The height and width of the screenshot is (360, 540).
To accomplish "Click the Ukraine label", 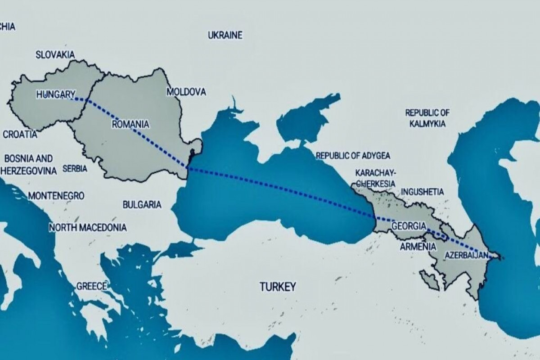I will [225, 35].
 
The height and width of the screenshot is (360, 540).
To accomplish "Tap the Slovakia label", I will [55, 54].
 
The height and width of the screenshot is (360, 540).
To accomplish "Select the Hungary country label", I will [56, 94].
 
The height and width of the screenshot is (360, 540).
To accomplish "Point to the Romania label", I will [130, 123].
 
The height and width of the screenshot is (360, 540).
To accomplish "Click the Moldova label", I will [186, 92].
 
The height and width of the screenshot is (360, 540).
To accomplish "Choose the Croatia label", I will [20, 134].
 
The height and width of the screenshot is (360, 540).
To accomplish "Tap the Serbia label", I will [75, 169].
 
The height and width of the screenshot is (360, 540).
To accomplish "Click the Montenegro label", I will [56, 196].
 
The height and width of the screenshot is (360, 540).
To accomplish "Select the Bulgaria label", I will [142, 204].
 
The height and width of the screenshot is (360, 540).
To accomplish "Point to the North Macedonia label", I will [88, 227].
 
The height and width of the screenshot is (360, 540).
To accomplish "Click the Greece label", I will [92, 286].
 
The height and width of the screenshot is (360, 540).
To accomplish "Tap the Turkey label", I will [278, 286].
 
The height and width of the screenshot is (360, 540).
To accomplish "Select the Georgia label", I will [408, 226].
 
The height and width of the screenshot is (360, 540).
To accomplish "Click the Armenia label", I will [418, 247].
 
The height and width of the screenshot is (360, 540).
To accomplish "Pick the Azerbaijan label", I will [466, 255].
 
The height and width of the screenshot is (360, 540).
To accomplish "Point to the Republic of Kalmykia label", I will [427, 118].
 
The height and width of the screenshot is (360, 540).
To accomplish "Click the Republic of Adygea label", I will [353, 156].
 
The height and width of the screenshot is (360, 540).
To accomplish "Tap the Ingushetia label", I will [422, 191].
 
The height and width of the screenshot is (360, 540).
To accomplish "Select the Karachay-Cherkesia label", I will [375, 178].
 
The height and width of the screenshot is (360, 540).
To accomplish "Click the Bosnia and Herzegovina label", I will [29, 165].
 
